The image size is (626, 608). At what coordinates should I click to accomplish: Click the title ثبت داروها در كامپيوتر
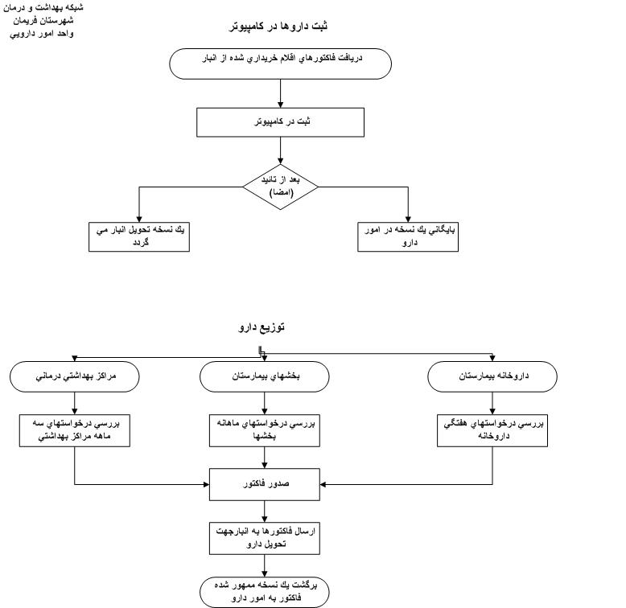point(278,26)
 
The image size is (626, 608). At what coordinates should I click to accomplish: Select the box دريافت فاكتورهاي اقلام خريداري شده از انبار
point(281,64)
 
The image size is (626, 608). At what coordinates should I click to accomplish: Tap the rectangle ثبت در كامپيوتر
point(281,122)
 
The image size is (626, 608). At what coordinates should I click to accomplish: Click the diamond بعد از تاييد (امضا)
point(281,187)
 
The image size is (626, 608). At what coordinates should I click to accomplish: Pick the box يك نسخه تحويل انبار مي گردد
point(139,236)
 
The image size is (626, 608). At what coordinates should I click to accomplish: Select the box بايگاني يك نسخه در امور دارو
point(409,236)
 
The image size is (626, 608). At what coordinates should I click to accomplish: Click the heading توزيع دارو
point(262,327)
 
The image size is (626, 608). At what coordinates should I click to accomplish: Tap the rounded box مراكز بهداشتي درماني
point(74,376)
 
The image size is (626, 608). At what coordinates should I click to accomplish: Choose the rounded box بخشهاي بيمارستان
point(265,376)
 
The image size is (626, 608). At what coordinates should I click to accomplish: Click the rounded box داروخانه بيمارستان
point(492,376)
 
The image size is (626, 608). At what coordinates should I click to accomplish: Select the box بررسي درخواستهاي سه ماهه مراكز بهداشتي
point(74,429)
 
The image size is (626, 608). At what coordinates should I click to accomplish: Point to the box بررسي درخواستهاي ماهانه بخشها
point(265,429)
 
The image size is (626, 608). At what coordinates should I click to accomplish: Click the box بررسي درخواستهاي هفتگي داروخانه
point(492,429)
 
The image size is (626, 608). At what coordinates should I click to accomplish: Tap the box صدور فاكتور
point(265,485)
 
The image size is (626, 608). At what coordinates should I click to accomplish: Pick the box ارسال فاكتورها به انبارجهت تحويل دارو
point(265,538)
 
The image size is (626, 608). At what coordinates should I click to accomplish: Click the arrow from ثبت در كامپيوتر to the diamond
point(281,150)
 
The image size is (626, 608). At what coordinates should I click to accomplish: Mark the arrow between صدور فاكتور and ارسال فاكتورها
point(265,511)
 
